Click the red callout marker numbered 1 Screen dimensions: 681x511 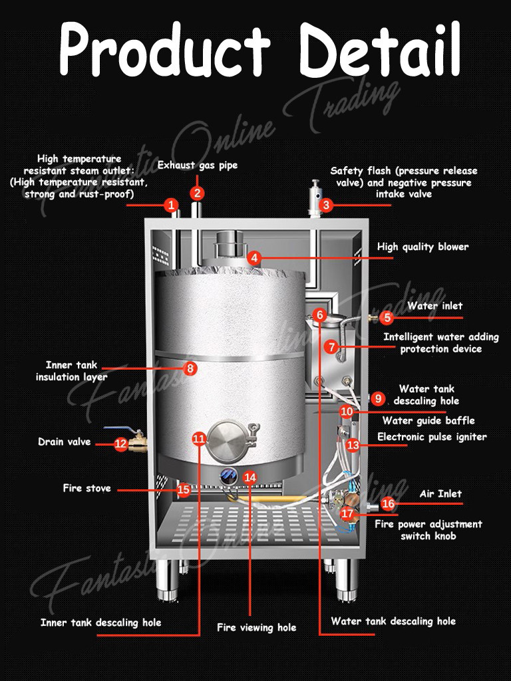click(x=172, y=205)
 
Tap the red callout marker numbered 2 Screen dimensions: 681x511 click(x=197, y=193)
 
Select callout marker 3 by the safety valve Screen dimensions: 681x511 click(x=326, y=205)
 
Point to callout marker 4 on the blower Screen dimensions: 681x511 click(x=254, y=257)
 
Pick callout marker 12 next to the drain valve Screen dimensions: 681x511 click(x=120, y=444)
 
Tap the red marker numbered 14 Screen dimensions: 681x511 click(x=250, y=477)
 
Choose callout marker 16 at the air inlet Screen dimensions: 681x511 click(x=387, y=504)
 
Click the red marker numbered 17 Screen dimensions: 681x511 click(x=347, y=513)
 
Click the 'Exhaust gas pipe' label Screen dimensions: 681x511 click(x=197, y=165)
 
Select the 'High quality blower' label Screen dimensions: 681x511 click(x=423, y=247)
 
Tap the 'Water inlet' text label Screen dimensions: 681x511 click(x=434, y=306)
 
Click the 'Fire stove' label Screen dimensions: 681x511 click(x=86, y=488)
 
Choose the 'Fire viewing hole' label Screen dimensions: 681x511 click(x=256, y=627)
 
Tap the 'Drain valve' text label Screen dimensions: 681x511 click(x=64, y=442)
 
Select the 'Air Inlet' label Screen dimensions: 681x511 click(x=440, y=493)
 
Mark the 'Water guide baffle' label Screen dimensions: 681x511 click(x=428, y=420)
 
